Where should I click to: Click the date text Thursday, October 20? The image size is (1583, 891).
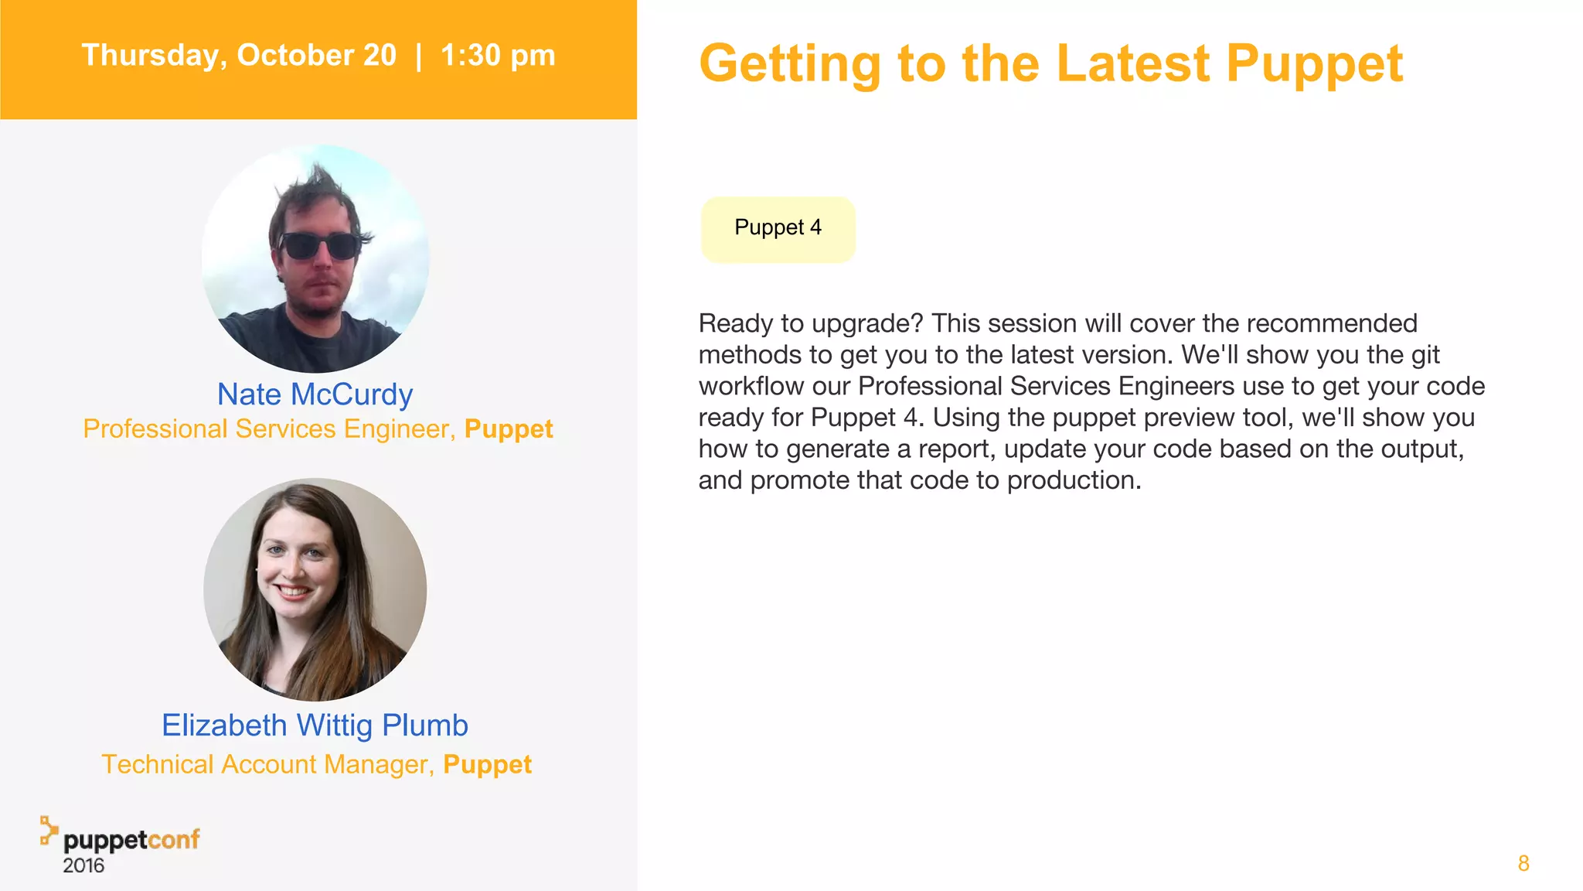coord(239,56)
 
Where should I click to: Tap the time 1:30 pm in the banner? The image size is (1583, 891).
coord(498,56)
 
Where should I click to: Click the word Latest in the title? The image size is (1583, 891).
coord(1133,63)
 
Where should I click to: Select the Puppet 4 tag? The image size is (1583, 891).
coord(778,229)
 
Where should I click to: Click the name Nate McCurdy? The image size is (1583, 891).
coord(315,394)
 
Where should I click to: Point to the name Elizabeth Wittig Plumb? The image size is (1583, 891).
coord(315,725)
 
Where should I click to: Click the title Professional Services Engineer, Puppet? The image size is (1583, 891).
coord(318,429)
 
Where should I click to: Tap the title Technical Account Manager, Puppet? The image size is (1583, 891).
coord(316,765)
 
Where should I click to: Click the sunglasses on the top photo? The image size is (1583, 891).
coord(318,247)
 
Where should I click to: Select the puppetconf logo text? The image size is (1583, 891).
coord(131,840)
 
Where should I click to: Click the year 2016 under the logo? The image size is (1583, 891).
coord(83,866)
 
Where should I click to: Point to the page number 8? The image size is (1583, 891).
coord(1523,864)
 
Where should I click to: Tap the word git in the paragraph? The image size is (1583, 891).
coord(1425,356)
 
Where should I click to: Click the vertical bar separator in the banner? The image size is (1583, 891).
coord(418,56)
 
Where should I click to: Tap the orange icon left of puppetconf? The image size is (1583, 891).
coord(49,830)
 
